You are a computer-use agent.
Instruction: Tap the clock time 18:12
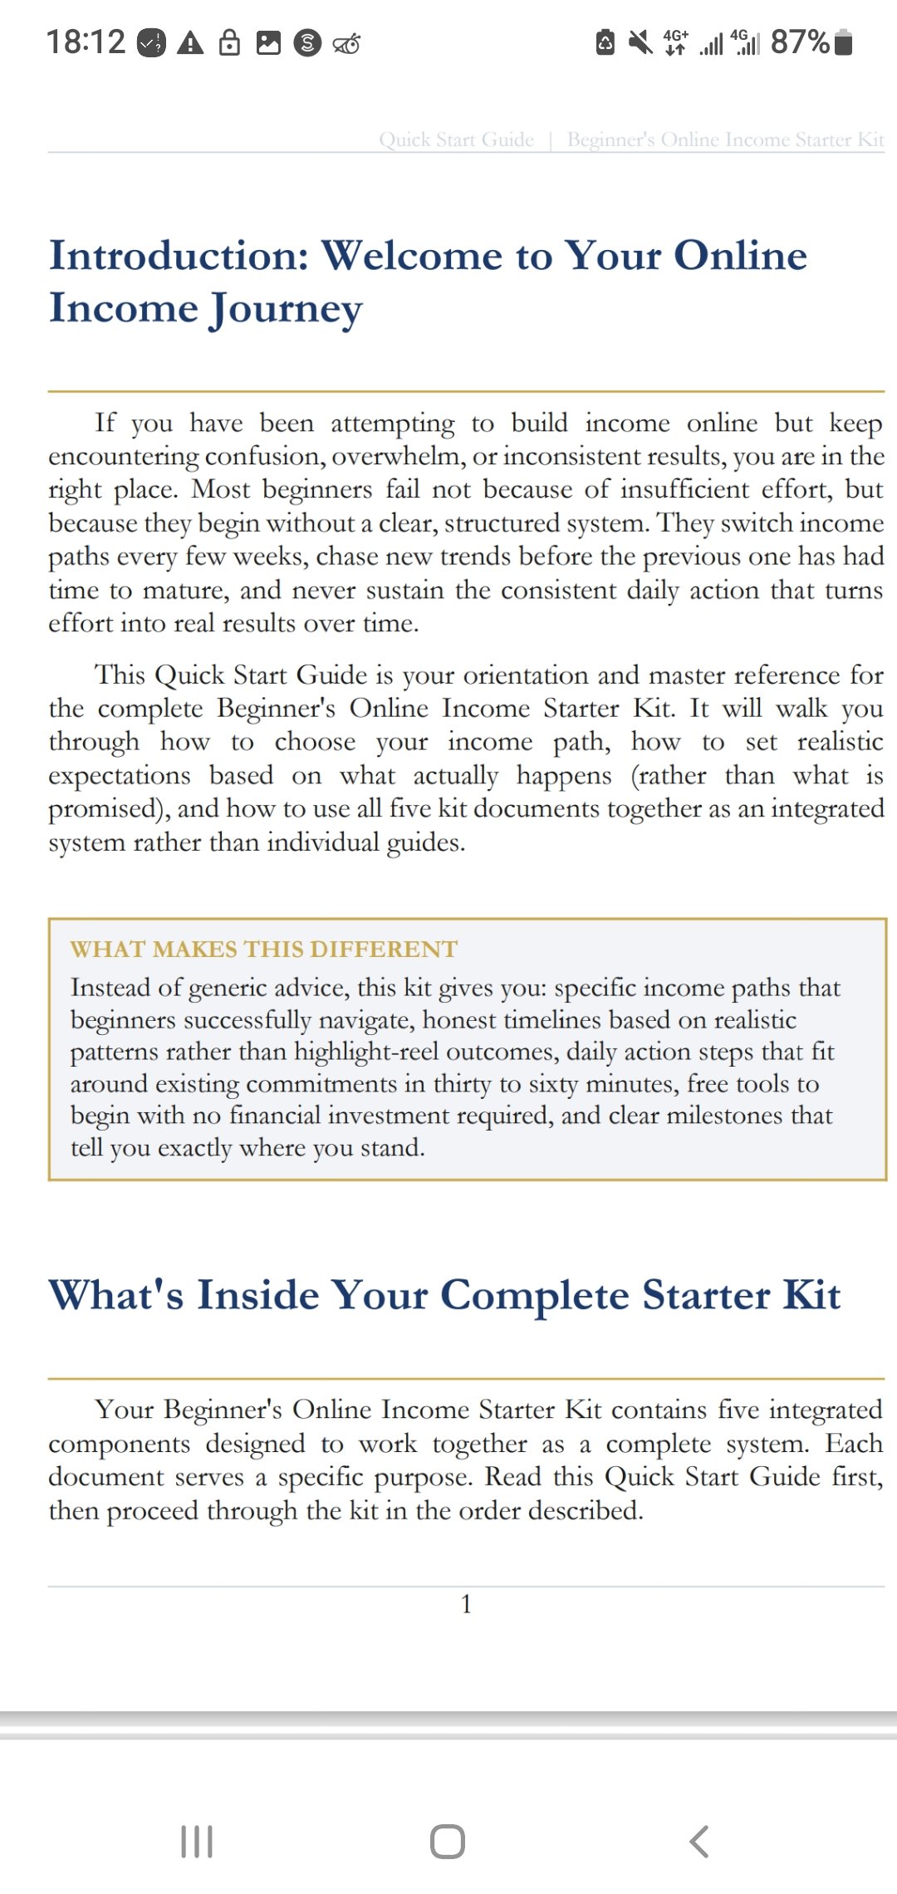pos(86,42)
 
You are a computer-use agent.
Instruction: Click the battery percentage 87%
pos(800,42)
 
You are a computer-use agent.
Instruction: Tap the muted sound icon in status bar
pos(640,42)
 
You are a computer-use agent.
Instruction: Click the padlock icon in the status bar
pos(229,42)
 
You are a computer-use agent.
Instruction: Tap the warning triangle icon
pos(191,42)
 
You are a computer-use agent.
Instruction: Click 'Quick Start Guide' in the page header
pos(456,140)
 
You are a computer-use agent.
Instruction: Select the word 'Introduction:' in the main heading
pos(179,255)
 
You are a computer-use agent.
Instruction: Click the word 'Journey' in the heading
pos(286,309)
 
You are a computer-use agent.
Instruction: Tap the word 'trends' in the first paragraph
pos(483,557)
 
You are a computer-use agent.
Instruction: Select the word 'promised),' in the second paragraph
pos(108,809)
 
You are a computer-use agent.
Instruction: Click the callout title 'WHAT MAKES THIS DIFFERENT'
pos(263,949)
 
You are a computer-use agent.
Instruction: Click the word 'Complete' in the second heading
pos(534,1295)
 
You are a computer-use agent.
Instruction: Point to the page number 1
pos(466,1603)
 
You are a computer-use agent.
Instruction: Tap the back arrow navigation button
pos(699,1842)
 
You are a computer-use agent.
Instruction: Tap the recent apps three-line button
pos(197,1842)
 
